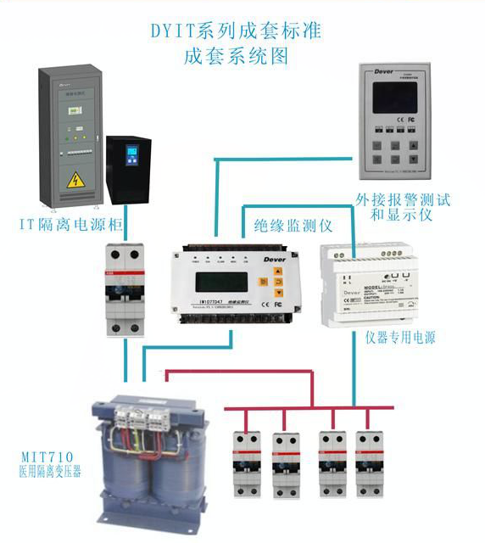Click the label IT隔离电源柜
click(64, 225)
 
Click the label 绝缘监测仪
click(292, 226)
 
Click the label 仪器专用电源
click(400, 337)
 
